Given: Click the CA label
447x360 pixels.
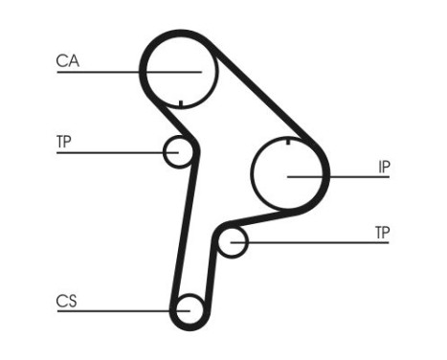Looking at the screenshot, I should coord(68,61).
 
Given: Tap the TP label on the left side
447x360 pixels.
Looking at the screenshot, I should coord(64,143).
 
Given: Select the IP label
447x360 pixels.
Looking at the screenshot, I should coord(384,167).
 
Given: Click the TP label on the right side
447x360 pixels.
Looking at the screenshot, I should coord(383,233).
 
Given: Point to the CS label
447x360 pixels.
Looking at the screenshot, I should coord(66,302).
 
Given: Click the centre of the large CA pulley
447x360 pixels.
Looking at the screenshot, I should coord(180,71).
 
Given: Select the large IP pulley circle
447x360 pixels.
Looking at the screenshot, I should coord(289,175).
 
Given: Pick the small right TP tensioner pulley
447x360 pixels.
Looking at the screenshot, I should coord(232,242).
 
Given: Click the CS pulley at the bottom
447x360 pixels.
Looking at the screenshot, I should coord(187,310).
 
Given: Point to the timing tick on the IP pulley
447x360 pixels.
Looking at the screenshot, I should coord(288,143).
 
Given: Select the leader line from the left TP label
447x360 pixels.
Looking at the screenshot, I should coord(105,152).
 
